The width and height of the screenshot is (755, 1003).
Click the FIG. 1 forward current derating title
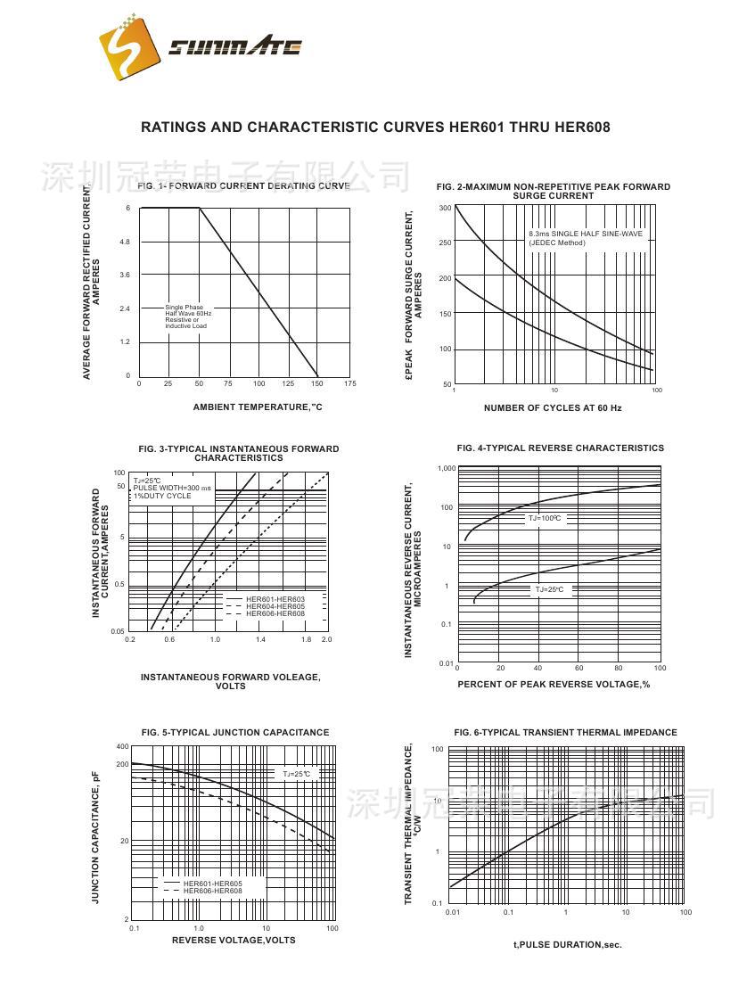pos(243,186)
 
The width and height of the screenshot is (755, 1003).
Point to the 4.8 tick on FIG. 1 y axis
pos(125,242)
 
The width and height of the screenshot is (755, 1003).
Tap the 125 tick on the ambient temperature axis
pos(288,383)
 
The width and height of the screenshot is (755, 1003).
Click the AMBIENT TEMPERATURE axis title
pos(258,407)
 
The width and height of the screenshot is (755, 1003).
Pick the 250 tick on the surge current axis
pos(445,243)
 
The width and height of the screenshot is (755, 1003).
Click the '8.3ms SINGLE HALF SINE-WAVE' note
pos(585,234)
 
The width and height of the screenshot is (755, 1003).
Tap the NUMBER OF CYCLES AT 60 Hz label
pos(553,408)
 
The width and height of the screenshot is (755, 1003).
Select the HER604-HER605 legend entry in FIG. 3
pos(275,606)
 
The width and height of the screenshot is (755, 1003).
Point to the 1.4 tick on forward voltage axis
pos(260,640)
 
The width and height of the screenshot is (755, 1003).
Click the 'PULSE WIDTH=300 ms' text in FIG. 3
pos(173,488)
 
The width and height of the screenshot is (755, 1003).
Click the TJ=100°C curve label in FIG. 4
pos(546,518)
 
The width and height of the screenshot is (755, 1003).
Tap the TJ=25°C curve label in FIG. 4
pos(549,589)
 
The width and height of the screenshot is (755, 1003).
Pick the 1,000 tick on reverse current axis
pos(447,468)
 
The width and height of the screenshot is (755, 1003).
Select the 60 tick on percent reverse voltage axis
pos(579,668)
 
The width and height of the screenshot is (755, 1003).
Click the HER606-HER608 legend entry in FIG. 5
pos(212,891)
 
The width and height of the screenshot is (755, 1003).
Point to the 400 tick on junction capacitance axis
pos(122,746)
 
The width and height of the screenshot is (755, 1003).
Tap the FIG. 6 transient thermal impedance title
pos(565,733)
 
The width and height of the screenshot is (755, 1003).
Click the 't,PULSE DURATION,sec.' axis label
pos(567,944)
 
